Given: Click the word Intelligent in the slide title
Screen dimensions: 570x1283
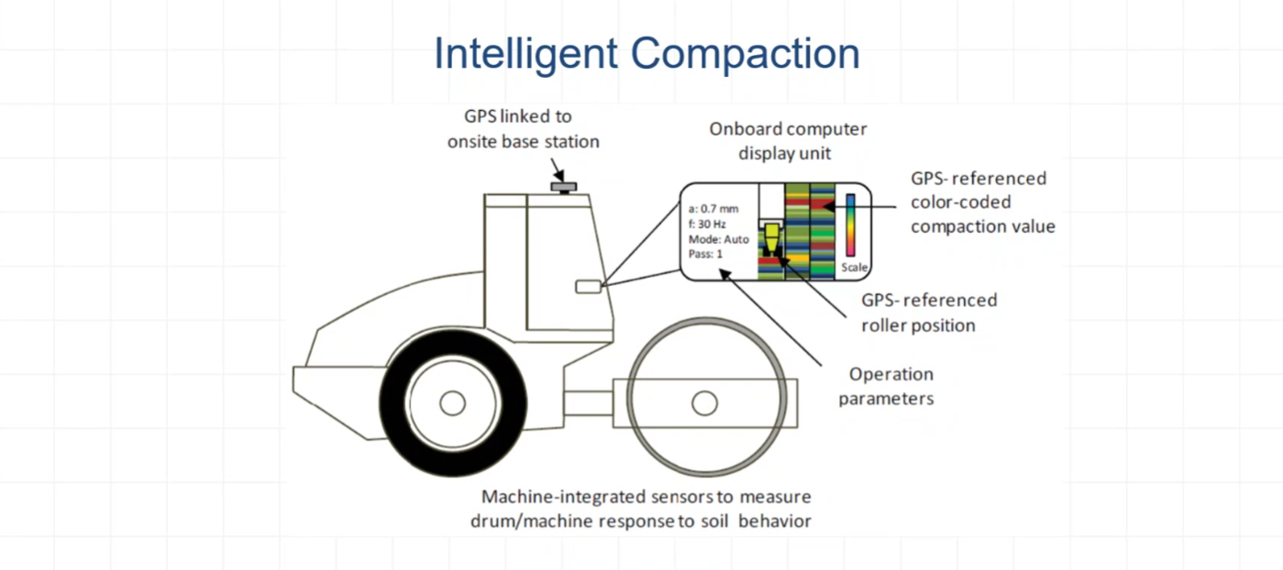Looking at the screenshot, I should coord(525,53).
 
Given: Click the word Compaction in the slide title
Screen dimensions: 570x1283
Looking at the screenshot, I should coord(745,53).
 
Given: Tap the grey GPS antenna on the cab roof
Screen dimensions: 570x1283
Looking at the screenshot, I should coord(563,186).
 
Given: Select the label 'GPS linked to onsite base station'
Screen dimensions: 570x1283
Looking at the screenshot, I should coord(524,129).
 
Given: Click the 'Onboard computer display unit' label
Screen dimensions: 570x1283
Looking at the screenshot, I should coord(788,140).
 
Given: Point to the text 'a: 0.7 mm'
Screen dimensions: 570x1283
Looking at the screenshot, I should coord(713,208).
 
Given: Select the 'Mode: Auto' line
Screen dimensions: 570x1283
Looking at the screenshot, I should coord(718,238).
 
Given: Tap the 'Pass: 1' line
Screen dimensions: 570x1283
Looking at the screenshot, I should coord(705,253).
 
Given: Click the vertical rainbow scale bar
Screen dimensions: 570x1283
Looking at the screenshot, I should coord(851,224).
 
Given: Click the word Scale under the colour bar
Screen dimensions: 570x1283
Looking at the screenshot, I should coord(853,268).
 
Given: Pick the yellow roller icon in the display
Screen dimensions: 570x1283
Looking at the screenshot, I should coord(772,236).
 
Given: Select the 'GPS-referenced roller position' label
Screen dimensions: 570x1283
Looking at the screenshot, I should coord(928,312).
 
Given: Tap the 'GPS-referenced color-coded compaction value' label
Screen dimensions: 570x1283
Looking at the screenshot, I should coord(981,202).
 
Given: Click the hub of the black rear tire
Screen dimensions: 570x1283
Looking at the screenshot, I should coord(452,402).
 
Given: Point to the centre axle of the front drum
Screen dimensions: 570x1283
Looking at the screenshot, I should coord(704,402).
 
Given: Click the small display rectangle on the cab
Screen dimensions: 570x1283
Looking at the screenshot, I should coord(588,287).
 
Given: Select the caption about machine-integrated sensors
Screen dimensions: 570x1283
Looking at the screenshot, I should coord(647,509).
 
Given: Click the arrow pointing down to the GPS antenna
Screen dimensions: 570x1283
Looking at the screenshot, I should coord(559,170).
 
